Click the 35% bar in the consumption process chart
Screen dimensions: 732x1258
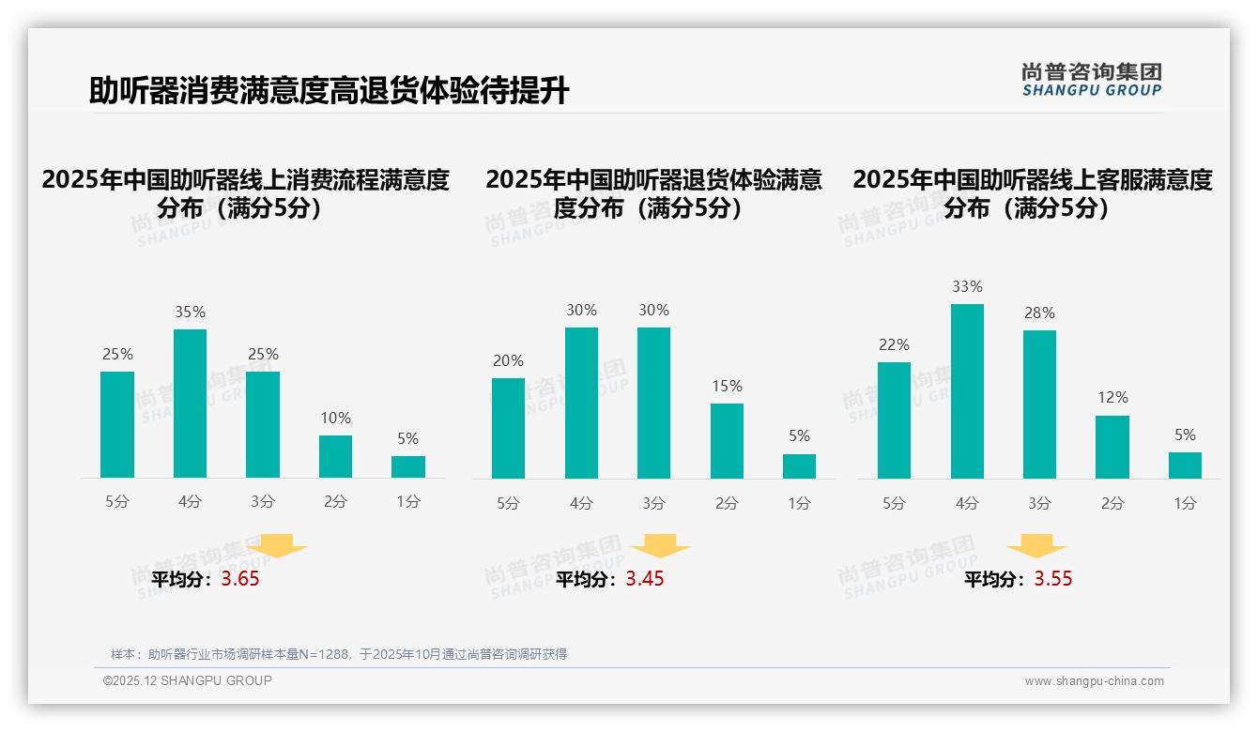pos(190,404)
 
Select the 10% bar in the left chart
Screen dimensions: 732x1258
pos(335,457)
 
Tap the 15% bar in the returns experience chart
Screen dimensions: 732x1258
pos(727,441)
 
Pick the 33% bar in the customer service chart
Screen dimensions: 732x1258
pos(967,391)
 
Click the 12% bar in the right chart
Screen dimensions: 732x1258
pos(1112,447)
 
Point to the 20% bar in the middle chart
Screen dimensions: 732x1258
pos(508,428)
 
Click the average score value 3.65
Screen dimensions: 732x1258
pos(240,579)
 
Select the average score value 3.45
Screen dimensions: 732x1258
pos(645,579)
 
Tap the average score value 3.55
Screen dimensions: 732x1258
pos(1053,579)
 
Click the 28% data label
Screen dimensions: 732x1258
pos(1039,313)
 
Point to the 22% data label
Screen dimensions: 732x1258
pos(894,344)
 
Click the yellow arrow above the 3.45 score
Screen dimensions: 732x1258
pos(660,546)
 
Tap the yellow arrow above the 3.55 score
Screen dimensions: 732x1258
pos(1036,546)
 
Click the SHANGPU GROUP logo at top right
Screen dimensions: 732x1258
pos(1091,80)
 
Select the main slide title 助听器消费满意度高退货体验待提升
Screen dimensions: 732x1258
pos(329,91)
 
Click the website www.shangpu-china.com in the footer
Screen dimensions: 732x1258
pos(1094,681)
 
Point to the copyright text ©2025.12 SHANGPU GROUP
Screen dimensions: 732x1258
pos(188,680)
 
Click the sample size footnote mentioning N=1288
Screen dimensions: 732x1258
pos(339,654)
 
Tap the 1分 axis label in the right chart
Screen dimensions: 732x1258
pos(1185,503)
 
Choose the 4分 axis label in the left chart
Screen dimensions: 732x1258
pos(190,501)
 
